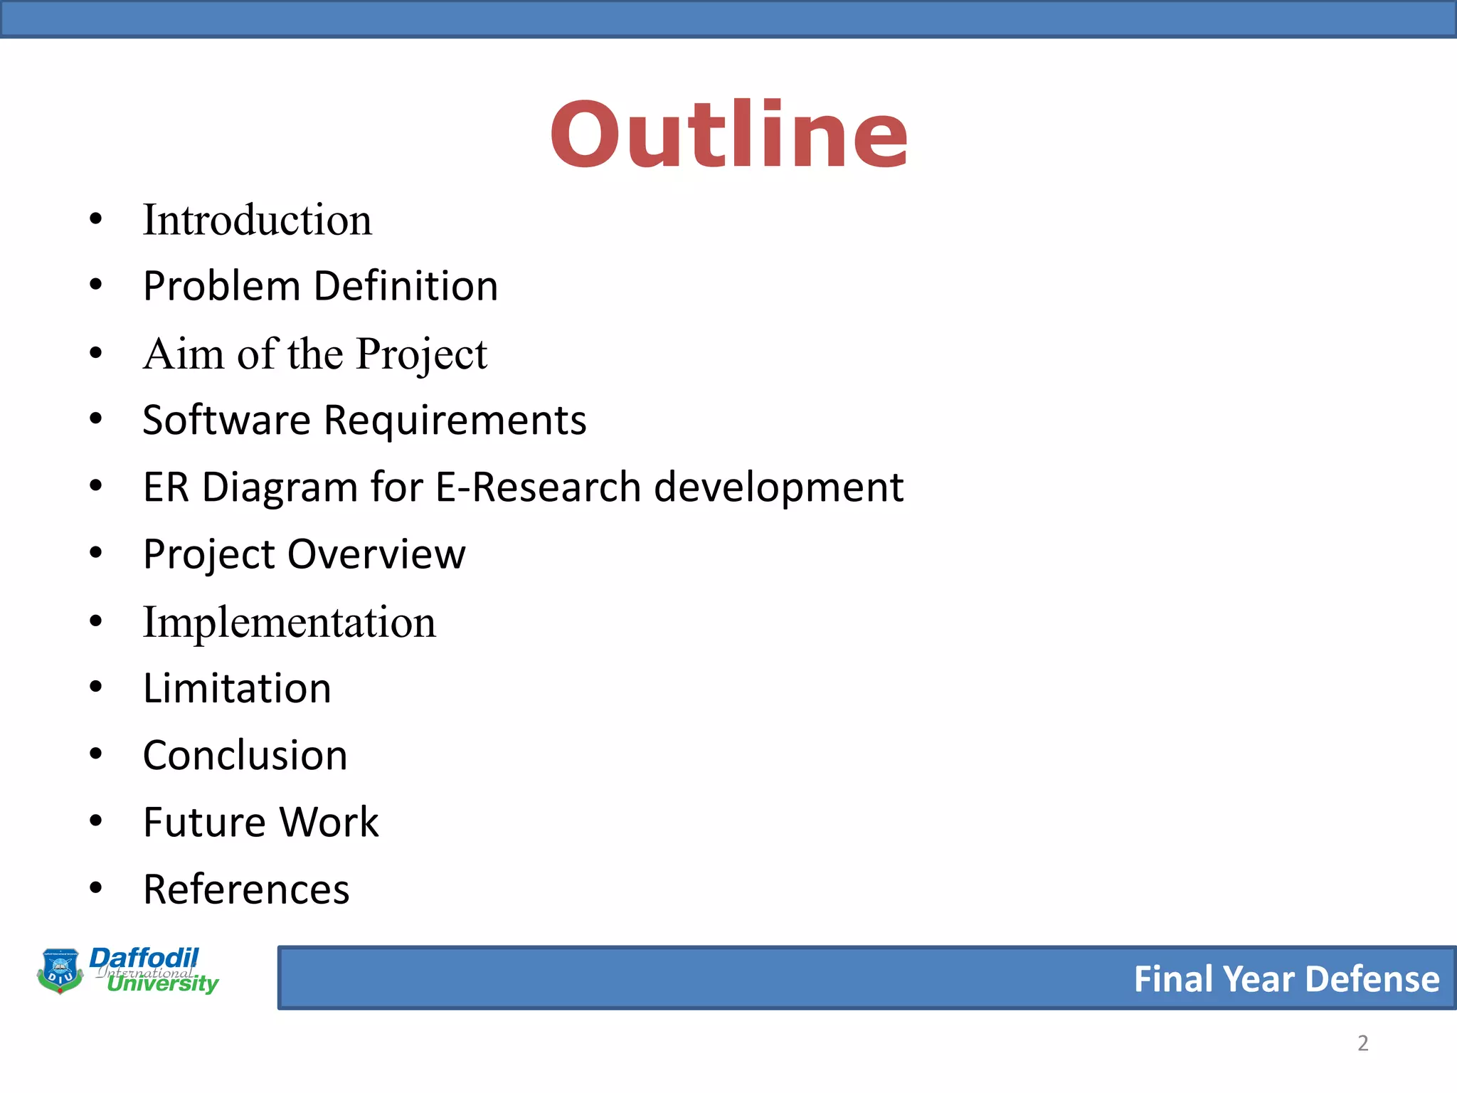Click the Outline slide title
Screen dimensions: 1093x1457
click(728, 135)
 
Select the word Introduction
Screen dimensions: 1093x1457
click(257, 220)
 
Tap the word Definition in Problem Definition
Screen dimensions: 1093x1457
click(406, 286)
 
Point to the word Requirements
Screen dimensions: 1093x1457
click(455, 420)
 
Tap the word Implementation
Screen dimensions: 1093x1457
click(289, 622)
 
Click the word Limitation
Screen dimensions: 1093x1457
click(237, 688)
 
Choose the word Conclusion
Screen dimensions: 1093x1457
click(245, 755)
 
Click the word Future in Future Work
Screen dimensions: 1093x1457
click(205, 823)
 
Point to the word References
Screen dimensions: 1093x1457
click(246, 889)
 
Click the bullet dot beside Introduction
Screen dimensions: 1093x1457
click(96, 219)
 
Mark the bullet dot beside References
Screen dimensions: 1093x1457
click(96, 887)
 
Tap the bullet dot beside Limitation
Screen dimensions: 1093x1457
click(96, 687)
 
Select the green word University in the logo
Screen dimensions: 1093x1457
click(163, 984)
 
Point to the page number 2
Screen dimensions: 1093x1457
click(1362, 1043)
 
